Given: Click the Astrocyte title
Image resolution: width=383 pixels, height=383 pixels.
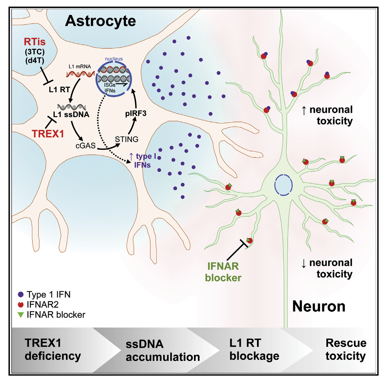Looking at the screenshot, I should [x=100, y=21].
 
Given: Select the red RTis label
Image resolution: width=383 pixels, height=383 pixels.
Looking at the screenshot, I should [x=35, y=42].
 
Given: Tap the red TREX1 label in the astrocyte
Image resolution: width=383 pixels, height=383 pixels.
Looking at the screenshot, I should [x=48, y=134].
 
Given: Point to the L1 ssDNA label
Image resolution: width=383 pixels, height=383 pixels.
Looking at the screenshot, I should [x=71, y=115].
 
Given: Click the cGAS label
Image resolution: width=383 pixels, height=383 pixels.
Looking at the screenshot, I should [x=85, y=146].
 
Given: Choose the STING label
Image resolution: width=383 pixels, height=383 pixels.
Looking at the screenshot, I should [x=127, y=139].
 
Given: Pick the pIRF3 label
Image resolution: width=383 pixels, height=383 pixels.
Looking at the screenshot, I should [x=136, y=114].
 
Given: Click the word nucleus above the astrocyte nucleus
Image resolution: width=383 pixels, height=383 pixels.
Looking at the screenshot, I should [x=114, y=59].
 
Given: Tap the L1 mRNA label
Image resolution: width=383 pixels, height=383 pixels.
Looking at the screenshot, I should [x=80, y=66].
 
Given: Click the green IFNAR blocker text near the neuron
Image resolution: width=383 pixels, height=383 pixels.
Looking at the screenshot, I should [x=223, y=272].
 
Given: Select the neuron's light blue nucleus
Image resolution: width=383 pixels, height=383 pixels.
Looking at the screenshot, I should [x=283, y=185].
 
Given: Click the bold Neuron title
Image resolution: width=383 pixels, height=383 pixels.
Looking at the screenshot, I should [x=319, y=306].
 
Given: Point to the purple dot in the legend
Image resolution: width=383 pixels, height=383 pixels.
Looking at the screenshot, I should [x=21, y=294].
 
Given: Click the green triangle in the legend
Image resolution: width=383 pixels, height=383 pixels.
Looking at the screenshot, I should [x=21, y=315].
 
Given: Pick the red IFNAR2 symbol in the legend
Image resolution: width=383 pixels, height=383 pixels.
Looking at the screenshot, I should [x=21, y=305].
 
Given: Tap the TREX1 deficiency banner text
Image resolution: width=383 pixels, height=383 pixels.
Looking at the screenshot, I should [x=53, y=349].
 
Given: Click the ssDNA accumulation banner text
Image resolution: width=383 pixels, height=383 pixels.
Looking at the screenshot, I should [x=162, y=351].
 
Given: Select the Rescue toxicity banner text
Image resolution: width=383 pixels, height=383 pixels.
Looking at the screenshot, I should [x=346, y=349].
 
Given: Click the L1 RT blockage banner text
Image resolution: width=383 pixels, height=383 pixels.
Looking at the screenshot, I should [x=254, y=349].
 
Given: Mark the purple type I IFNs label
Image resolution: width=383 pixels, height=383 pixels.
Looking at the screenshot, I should [x=142, y=161].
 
